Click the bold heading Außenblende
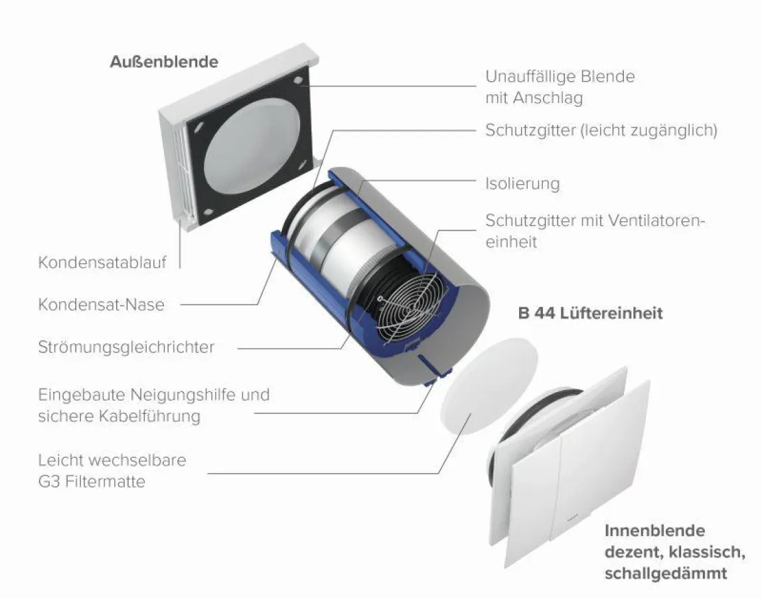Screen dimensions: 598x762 [163, 62]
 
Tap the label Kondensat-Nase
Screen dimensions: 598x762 [101, 304]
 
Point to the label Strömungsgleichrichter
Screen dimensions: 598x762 [126, 348]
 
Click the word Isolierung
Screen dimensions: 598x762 [522, 183]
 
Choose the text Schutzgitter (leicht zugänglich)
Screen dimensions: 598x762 [601, 130]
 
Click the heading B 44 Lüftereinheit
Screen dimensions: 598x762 [590, 312]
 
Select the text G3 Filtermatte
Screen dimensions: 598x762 [92, 480]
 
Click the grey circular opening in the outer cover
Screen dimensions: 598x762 [247, 151]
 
